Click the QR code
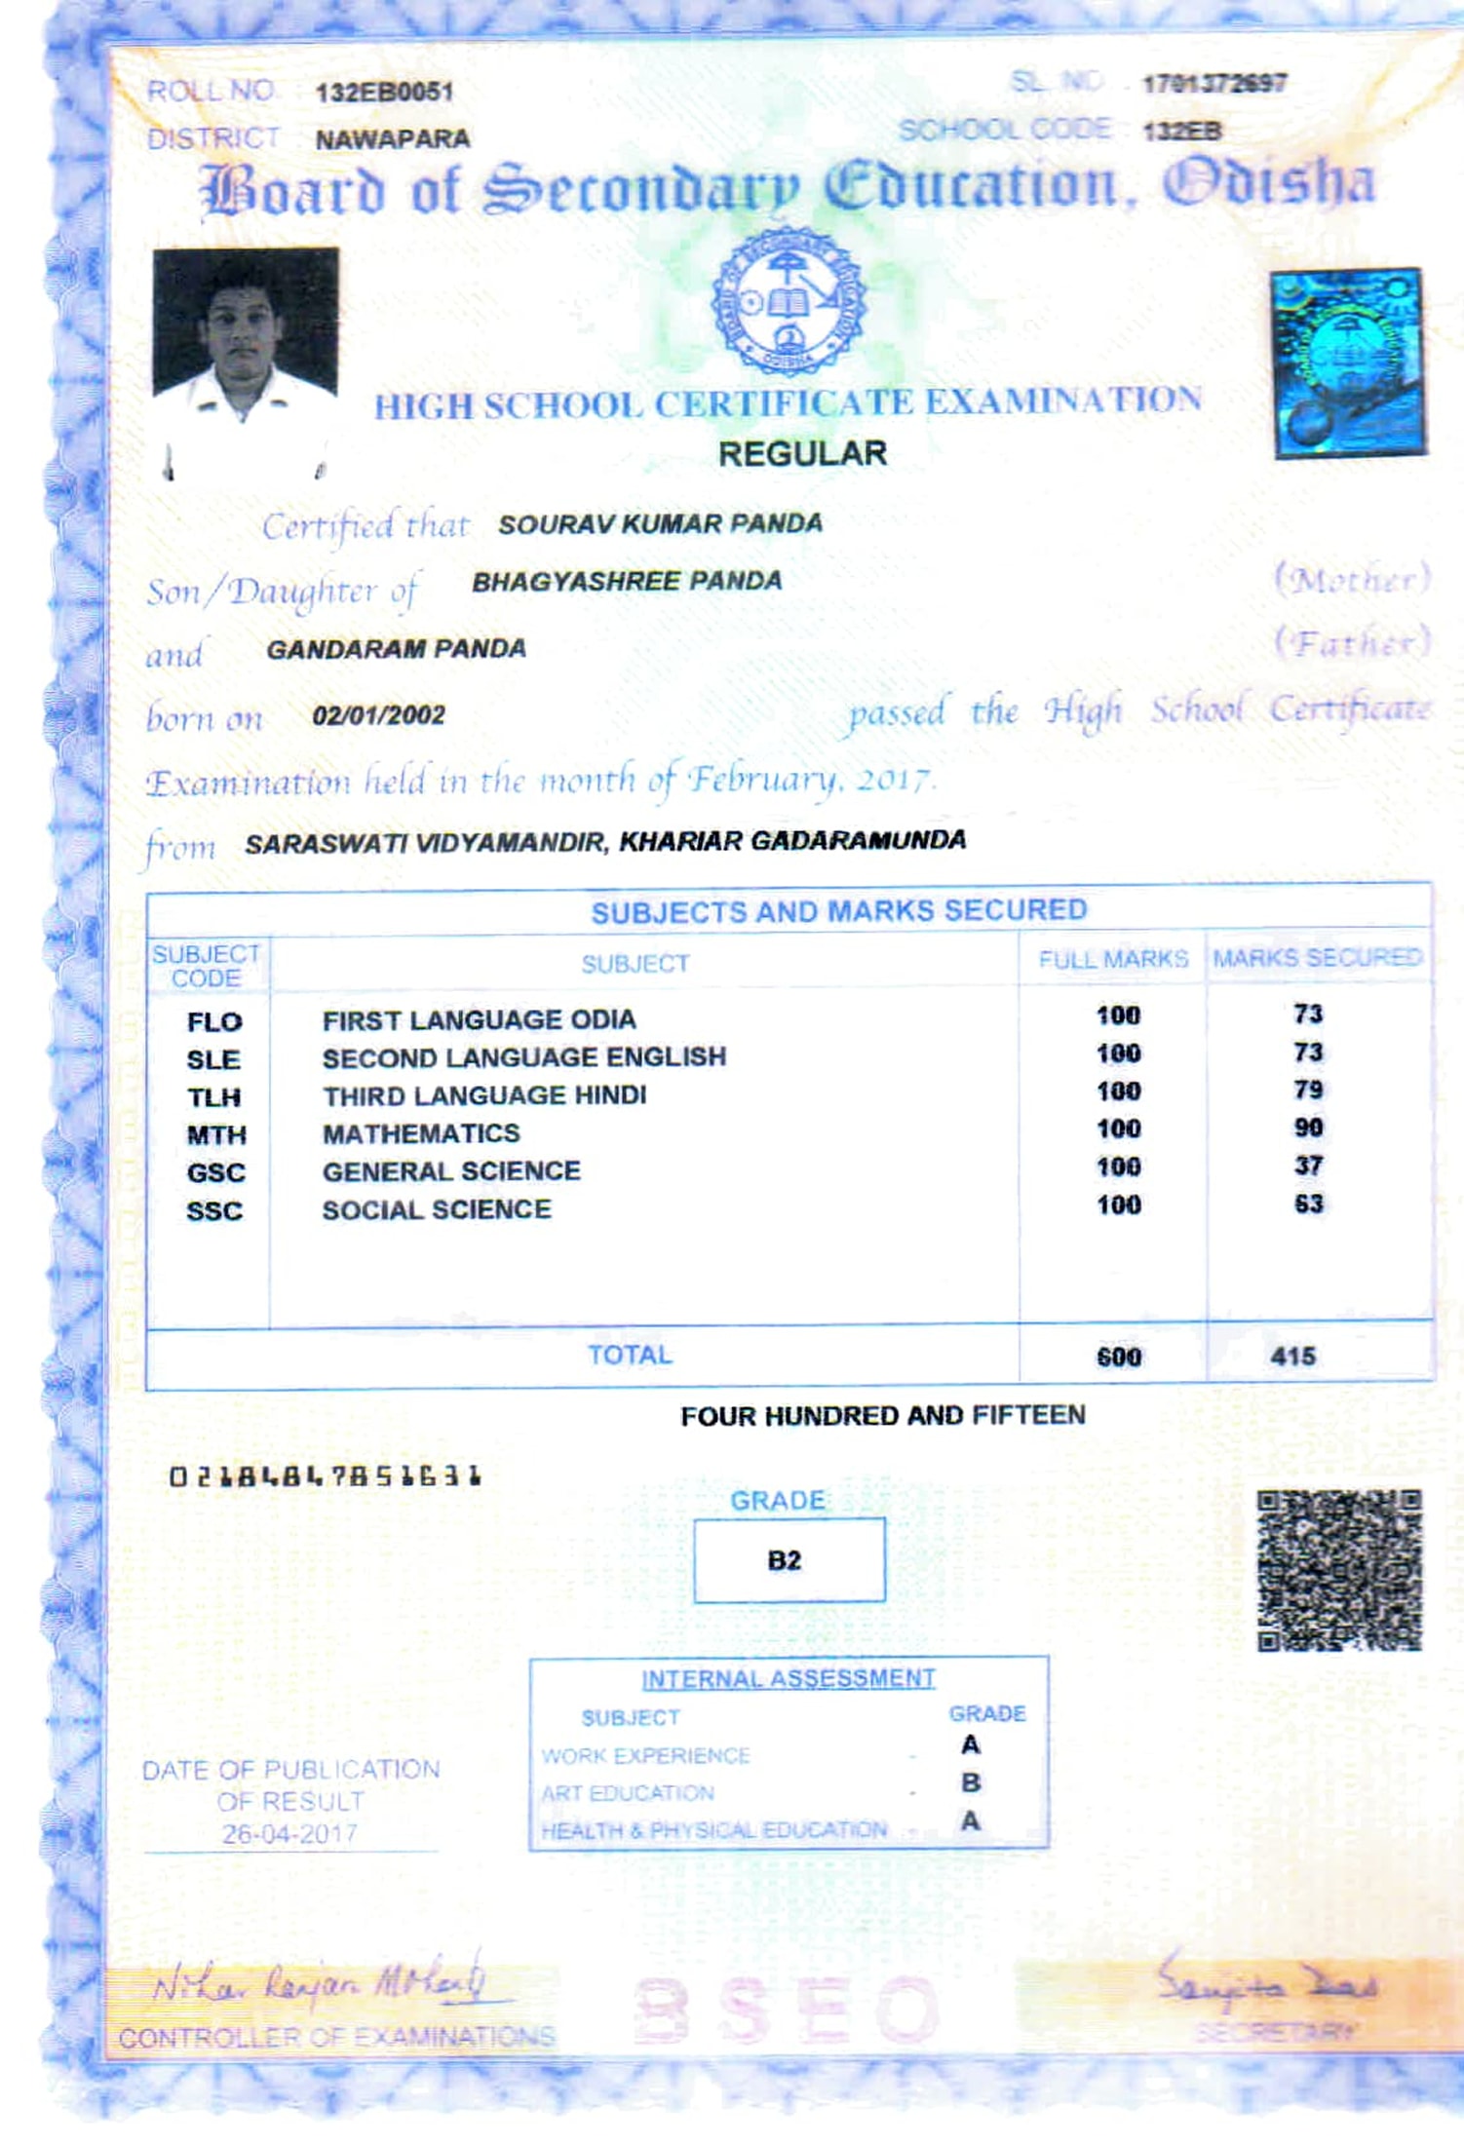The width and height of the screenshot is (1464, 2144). pyautogui.click(x=1339, y=1570)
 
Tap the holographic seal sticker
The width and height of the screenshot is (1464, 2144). pyautogui.click(x=1348, y=363)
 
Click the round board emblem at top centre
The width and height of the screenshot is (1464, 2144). pyautogui.click(x=789, y=303)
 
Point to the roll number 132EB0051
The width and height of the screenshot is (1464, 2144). pyautogui.click(x=384, y=93)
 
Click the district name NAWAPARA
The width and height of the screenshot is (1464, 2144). pyautogui.click(x=392, y=139)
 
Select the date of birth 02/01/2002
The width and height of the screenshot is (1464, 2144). pyautogui.click(x=378, y=715)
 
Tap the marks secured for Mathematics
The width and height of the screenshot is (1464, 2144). pyautogui.click(x=1308, y=1129)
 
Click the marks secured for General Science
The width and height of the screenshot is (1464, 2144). pyautogui.click(x=1308, y=1166)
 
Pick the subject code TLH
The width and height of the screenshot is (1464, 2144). pyautogui.click(x=214, y=1097)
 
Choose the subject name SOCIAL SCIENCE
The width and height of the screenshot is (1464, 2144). pyautogui.click(x=437, y=1209)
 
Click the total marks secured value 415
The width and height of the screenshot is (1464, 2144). pyautogui.click(x=1293, y=1356)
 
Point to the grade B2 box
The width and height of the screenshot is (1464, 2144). pyautogui.click(x=789, y=1560)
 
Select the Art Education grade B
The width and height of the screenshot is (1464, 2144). pyautogui.click(x=971, y=1782)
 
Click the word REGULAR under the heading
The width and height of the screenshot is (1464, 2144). pyautogui.click(x=802, y=454)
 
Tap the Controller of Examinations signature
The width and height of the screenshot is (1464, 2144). pyautogui.click(x=322, y=1982)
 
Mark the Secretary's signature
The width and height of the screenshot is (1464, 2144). pyautogui.click(x=1267, y=1982)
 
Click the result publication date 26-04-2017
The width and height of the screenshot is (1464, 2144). pyautogui.click(x=289, y=1834)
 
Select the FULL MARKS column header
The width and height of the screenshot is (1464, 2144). pyautogui.click(x=1113, y=960)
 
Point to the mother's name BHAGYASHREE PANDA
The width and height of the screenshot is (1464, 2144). pyautogui.click(x=627, y=582)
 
